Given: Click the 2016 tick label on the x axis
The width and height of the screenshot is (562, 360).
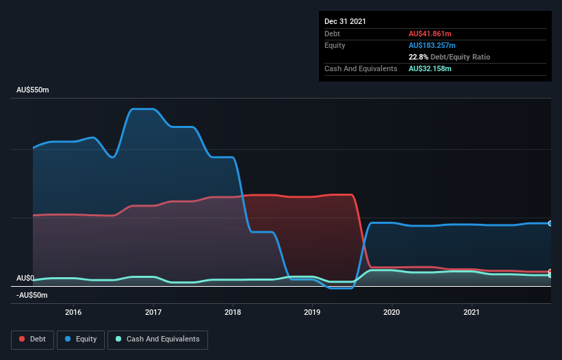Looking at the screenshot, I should (x=73, y=312).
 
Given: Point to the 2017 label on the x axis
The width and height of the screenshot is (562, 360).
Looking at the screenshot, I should (x=153, y=312).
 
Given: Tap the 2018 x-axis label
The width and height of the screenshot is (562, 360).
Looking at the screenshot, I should (x=233, y=312).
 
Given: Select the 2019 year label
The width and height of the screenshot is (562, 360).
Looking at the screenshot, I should (x=312, y=312).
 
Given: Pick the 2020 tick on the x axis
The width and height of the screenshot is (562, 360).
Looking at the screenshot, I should (x=392, y=312).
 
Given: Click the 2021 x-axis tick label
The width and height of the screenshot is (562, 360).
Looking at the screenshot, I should (x=472, y=312).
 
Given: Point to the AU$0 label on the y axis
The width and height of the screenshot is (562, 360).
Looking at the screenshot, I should (x=25, y=278).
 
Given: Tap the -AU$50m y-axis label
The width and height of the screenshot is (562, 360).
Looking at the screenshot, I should (x=33, y=295).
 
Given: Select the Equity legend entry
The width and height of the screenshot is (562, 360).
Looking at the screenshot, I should (x=81, y=339).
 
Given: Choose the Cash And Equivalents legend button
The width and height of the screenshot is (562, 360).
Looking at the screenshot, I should (x=157, y=339).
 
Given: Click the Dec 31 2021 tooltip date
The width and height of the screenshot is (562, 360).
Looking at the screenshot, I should (x=345, y=21).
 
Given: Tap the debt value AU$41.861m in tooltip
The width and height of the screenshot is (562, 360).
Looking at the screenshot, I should (x=430, y=34).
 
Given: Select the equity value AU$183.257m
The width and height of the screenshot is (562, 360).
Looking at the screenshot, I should (x=432, y=45).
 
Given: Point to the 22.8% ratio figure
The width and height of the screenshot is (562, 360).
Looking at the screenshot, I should (x=419, y=57).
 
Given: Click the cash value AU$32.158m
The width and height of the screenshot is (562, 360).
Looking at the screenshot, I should (x=430, y=68).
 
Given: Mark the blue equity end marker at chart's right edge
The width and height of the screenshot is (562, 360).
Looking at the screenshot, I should (x=550, y=223).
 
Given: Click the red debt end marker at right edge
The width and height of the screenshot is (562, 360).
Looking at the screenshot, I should (x=550, y=272).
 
